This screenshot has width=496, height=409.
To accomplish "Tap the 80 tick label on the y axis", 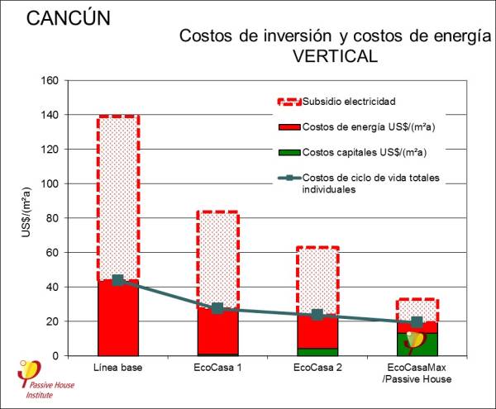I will pyautogui.click(x=51, y=218).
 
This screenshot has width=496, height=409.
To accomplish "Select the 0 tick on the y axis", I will pyautogui.click(x=55, y=355).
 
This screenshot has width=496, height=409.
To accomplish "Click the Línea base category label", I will pyautogui.click(x=118, y=367).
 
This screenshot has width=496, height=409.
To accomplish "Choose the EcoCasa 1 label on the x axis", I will pyautogui.click(x=217, y=367).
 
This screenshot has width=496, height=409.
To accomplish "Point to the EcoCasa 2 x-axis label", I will pyautogui.click(x=317, y=367).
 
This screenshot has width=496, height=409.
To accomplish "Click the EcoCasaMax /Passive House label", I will pyautogui.click(x=417, y=373).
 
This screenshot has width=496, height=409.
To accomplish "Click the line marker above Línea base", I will pyautogui.click(x=118, y=280).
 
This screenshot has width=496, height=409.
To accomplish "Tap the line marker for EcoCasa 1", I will pyautogui.click(x=217, y=308).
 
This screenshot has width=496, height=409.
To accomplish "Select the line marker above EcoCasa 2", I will pyautogui.click(x=317, y=315).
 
